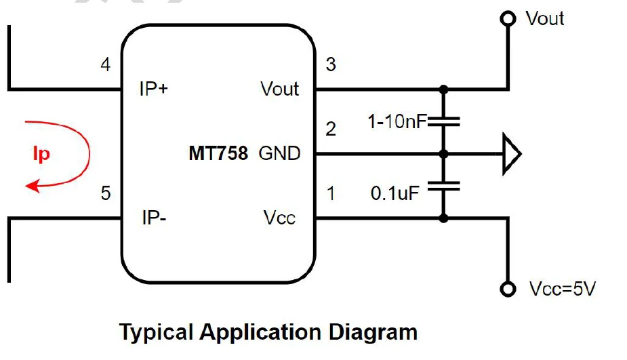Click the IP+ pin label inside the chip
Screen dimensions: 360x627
[154, 89]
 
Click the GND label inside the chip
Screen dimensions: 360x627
[279, 154]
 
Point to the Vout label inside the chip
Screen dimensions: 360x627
[279, 89]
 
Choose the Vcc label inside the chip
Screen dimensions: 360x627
[279, 218]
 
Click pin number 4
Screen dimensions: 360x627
[105, 65]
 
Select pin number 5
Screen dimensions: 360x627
[105, 194]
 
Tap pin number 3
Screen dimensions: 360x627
[331, 65]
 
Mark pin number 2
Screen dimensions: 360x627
[331, 129]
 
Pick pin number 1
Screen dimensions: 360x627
[331, 194]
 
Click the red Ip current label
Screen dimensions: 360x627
[41, 154]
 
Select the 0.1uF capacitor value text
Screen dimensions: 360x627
[395, 193]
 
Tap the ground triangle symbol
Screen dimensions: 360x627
[510, 154]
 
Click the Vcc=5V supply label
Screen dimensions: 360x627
[562, 289]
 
